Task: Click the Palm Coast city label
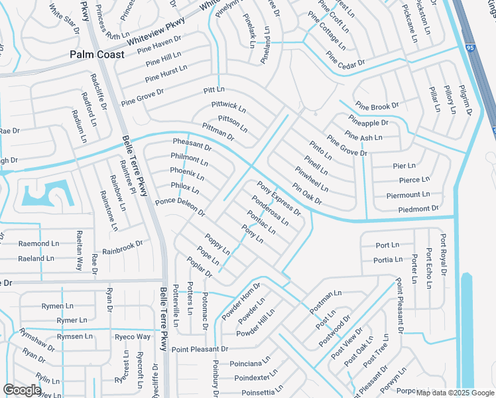point(97,54)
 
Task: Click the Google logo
point(23,390)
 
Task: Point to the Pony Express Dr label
point(279,198)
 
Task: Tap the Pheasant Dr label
point(192,143)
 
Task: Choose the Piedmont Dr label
point(418,209)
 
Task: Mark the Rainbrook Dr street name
point(123,247)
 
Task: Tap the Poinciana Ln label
point(250,363)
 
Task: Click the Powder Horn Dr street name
point(242,301)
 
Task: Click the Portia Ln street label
point(387,260)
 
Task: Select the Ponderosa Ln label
point(270,210)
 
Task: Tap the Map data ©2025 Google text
point(454,393)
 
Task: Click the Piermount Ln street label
point(408,195)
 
